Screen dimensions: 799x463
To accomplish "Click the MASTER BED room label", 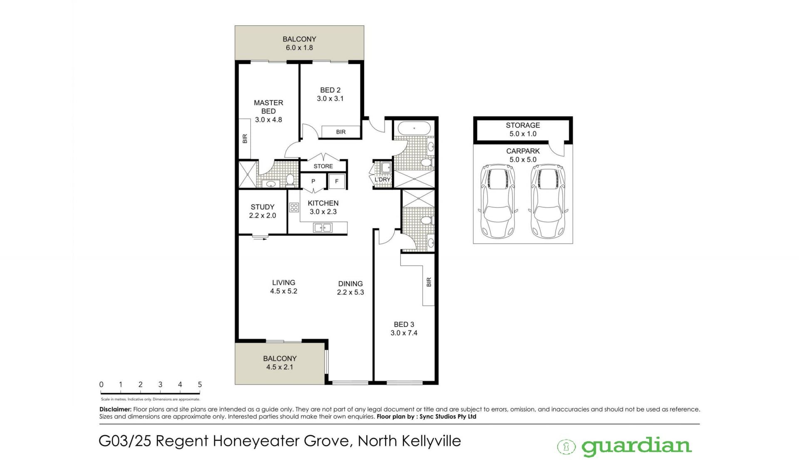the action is pos(268,107).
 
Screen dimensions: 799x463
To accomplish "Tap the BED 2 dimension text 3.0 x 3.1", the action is pos(330,99).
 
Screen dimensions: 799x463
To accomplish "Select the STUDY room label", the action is pos(263,207).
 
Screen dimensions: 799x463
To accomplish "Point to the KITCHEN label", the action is pos(323,203).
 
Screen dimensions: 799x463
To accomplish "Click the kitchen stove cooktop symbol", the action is pos(294,207).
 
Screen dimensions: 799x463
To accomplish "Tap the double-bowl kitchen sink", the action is pos(323,228).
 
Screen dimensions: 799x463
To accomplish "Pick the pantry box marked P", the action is pos(313,181).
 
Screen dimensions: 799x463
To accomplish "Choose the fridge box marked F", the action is pos(337,181).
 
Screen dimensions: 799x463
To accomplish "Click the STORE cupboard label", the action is pos(323,166).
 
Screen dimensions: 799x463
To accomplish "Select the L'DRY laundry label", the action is pos(382,180).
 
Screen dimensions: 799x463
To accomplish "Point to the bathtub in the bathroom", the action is pos(414,128).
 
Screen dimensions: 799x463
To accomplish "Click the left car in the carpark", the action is pos(498,202).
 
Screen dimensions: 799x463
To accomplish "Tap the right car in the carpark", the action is pos(548,202).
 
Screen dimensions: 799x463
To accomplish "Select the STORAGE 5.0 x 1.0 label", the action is pos(523,129).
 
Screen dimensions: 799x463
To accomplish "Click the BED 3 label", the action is pos(404,324).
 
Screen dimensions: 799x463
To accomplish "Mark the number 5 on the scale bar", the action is pos(200,385).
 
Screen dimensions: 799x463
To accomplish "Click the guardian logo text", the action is pos(636,446).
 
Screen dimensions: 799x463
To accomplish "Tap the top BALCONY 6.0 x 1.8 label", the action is pos(300,43).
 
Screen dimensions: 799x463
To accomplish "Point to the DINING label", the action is pos(350,284).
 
